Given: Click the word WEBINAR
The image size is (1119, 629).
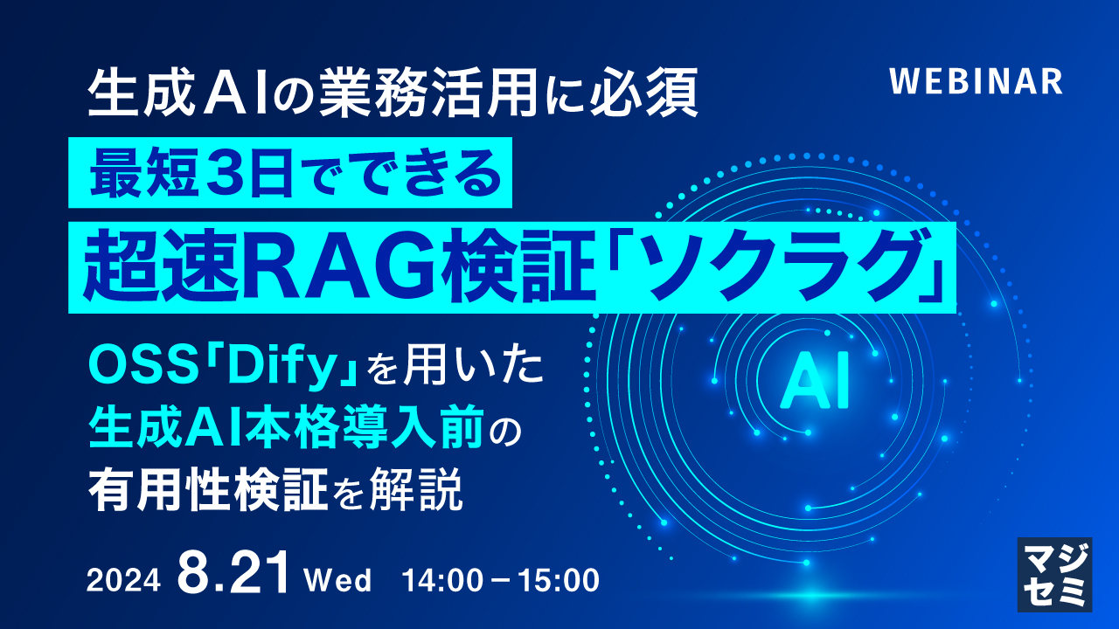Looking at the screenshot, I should pos(976,81).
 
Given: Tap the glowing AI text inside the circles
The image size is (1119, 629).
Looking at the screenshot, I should pos(815,385).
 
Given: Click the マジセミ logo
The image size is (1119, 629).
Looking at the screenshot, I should pos(1054,573).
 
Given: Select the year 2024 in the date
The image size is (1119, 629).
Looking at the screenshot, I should pos(123,580).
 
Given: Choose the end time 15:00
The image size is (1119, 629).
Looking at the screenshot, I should pos(559,580).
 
